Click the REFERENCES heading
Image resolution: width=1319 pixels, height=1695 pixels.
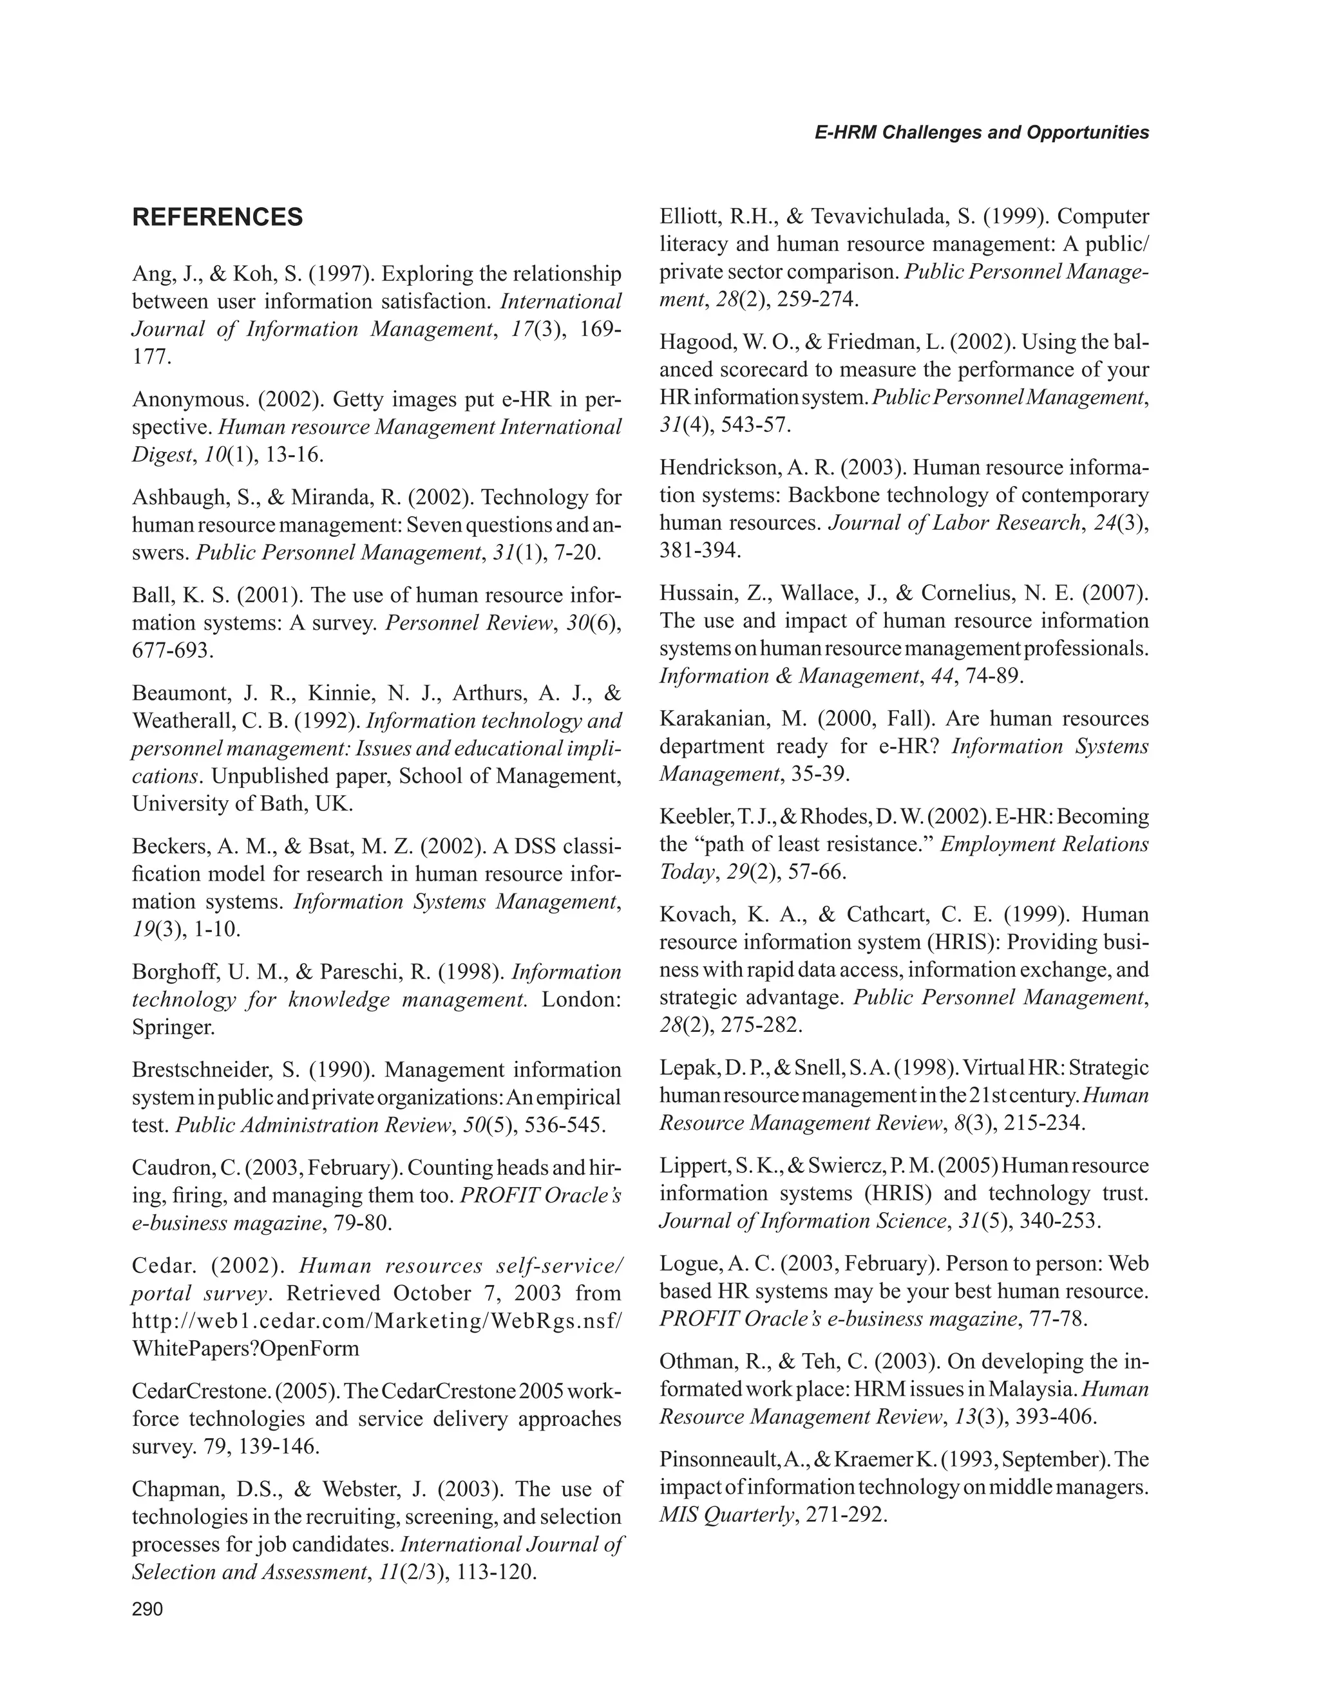pos(218,218)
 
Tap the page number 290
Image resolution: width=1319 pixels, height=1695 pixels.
pos(147,1609)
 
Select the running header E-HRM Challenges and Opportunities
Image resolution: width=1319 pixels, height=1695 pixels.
pos(982,133)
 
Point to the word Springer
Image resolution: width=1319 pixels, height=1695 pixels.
pos(173,1027)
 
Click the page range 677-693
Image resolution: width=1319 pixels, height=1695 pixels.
pos(173,650)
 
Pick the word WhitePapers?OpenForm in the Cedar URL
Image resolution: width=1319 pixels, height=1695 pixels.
pos(245,1348)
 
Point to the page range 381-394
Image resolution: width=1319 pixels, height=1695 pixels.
pos(700,551)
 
